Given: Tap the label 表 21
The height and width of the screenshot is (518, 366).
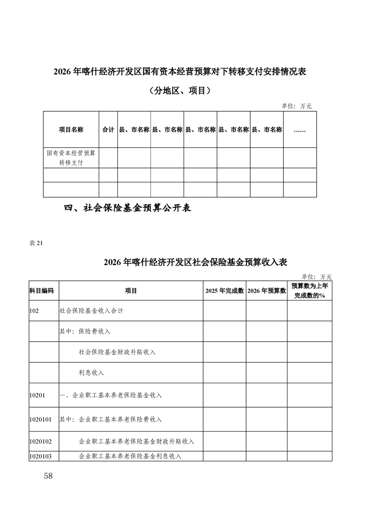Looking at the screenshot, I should pos(36,244).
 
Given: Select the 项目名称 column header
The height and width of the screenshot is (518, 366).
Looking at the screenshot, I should pos(71,130).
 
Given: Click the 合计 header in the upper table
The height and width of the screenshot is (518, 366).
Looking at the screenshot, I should pos(108,130).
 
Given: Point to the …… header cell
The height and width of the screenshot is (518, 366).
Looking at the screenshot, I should pos(300,130).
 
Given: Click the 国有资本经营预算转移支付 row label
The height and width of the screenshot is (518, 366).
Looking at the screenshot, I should pos(71,158).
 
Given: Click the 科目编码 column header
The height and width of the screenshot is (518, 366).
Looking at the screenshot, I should pos(42,291).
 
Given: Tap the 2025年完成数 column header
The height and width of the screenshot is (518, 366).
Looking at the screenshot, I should pos(224,291).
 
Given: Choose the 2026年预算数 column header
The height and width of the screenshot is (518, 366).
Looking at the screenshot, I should pos(266,291).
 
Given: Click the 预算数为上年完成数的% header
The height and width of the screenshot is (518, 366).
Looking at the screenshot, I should pos(310,291).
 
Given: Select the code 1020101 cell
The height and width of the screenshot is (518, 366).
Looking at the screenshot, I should pos(40,420).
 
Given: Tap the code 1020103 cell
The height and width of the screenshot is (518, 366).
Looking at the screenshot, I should pos(40,456).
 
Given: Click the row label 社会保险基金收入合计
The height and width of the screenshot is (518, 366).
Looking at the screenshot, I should pos(91,311).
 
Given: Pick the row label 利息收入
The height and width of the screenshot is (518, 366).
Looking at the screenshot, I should pos(91,372).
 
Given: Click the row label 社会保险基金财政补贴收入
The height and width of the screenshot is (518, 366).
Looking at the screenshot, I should pos(117,352).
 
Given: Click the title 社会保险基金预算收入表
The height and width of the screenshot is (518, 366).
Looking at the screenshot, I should pos(195,263).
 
